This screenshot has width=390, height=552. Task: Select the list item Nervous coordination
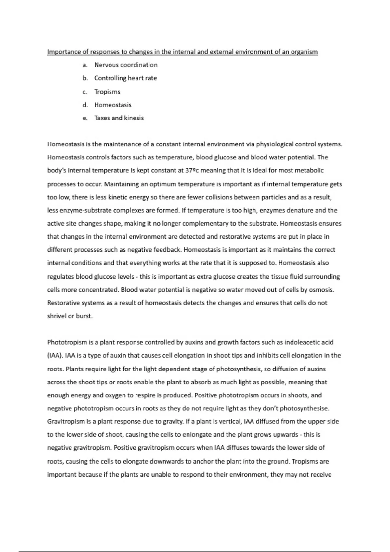pos(126,65)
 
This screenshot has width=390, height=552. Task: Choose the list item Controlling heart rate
pos(125,78)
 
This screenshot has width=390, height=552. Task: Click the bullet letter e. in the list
pos(85,118)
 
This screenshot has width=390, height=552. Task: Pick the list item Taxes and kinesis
pos(119,118)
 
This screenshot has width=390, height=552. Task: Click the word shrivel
pos(57,316)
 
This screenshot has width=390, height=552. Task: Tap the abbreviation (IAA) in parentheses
pos(55,356)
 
